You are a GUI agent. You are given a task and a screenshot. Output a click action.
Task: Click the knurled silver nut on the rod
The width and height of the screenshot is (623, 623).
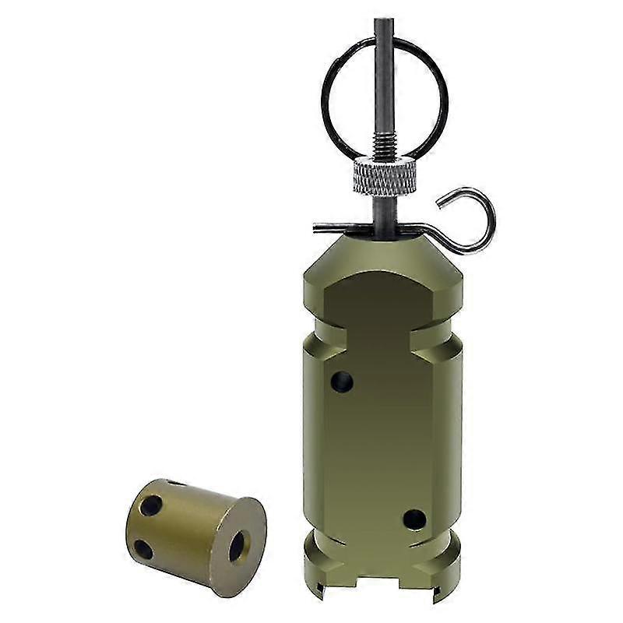(x=382, y=175)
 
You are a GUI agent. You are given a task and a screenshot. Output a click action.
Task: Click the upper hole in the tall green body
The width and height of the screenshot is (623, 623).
(x=341, y=382)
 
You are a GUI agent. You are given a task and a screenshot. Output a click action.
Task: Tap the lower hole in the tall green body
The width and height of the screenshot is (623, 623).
(x=414, y=519)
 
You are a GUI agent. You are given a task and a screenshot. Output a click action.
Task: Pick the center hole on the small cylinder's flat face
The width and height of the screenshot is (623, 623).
(x=237, y=545)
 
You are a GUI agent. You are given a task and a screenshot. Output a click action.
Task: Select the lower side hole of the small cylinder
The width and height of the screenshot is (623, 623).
(x=143, y=549)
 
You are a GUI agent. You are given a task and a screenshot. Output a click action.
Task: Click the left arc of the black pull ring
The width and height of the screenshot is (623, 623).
(x=327, y=101)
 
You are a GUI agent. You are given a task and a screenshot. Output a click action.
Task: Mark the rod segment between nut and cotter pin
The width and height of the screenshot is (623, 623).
(x=382, y=209)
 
